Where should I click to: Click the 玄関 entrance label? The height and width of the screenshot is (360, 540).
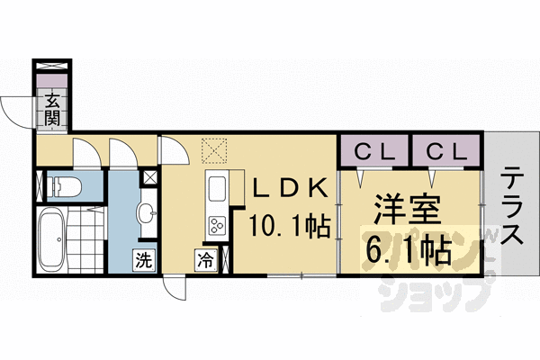click(53, 108)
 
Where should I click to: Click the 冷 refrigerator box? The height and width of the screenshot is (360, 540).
click(205, 261)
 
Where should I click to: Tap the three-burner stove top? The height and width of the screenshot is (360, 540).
click(217, 226)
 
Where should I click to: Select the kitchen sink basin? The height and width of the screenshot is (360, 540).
click(217, 190)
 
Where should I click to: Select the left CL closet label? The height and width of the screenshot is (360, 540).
click(373, 150)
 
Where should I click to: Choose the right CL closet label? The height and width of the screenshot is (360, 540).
click(447, 150)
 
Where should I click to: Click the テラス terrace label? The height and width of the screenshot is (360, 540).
click(510, 206)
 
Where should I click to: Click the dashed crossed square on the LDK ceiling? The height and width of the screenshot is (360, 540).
click(214, 149)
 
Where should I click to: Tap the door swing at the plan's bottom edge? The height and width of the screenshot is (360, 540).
click(176, 286)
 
